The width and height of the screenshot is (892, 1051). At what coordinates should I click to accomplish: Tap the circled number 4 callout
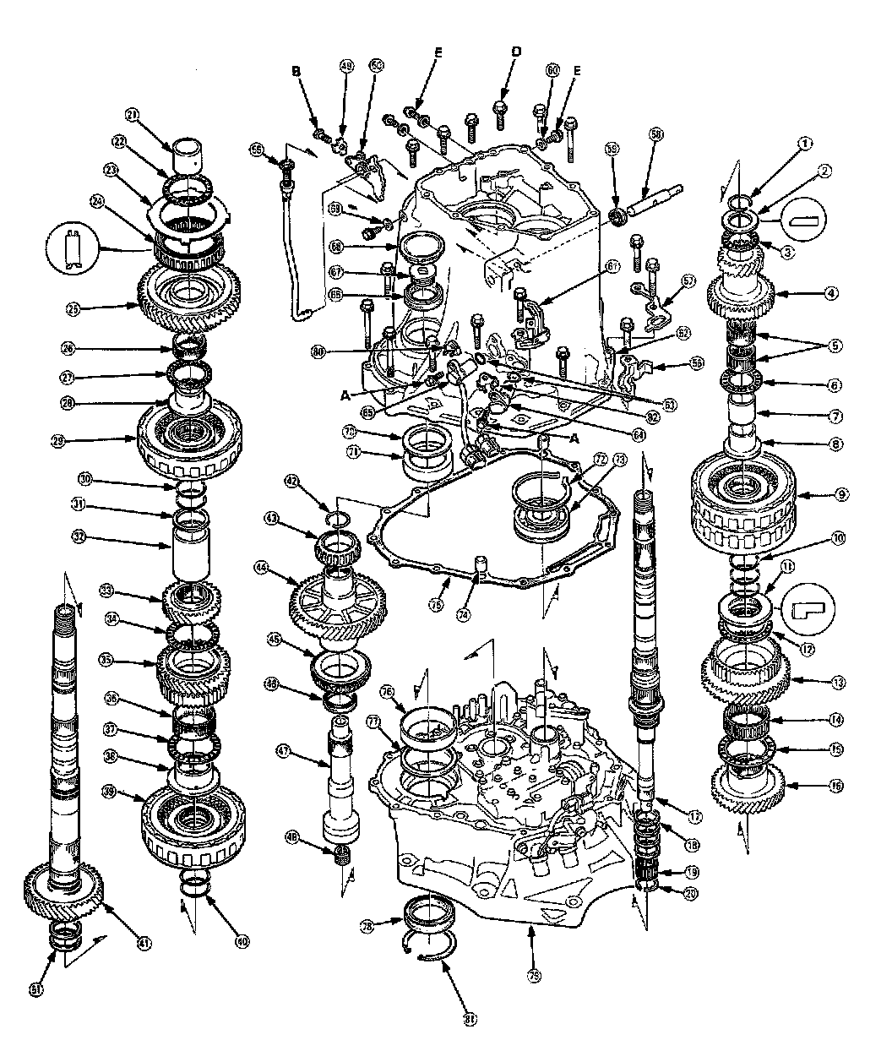pos(831,294)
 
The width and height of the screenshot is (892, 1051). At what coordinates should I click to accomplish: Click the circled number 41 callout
pos(144,943)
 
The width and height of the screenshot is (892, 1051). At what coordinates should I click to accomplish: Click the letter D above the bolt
pos(516,52)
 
